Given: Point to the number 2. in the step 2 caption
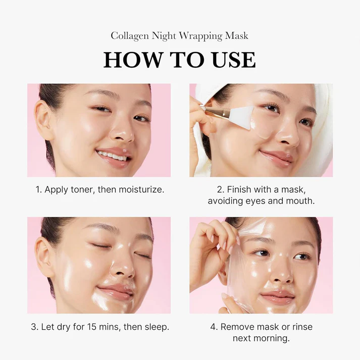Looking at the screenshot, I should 221,190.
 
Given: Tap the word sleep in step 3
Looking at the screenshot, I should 155,327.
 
